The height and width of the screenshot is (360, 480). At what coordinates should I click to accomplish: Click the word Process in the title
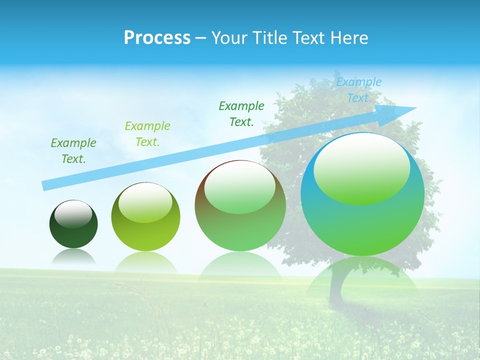click(x=157, y=38)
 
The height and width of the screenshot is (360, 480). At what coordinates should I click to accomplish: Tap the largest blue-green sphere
click(x=362, y=225)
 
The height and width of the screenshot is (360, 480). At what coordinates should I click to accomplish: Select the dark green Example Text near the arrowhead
click(x=241, y=113)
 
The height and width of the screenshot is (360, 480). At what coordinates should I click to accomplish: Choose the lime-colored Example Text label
click(x=147, y=133)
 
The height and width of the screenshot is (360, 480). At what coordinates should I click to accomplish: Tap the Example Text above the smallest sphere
click(x=73, y=150)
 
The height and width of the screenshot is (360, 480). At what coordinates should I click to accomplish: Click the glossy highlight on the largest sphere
click(x=361, y=167)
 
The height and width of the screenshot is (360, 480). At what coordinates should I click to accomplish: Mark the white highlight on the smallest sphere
click(x=73, y=213)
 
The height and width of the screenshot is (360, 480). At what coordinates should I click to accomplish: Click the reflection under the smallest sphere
click(x=73, y=257)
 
